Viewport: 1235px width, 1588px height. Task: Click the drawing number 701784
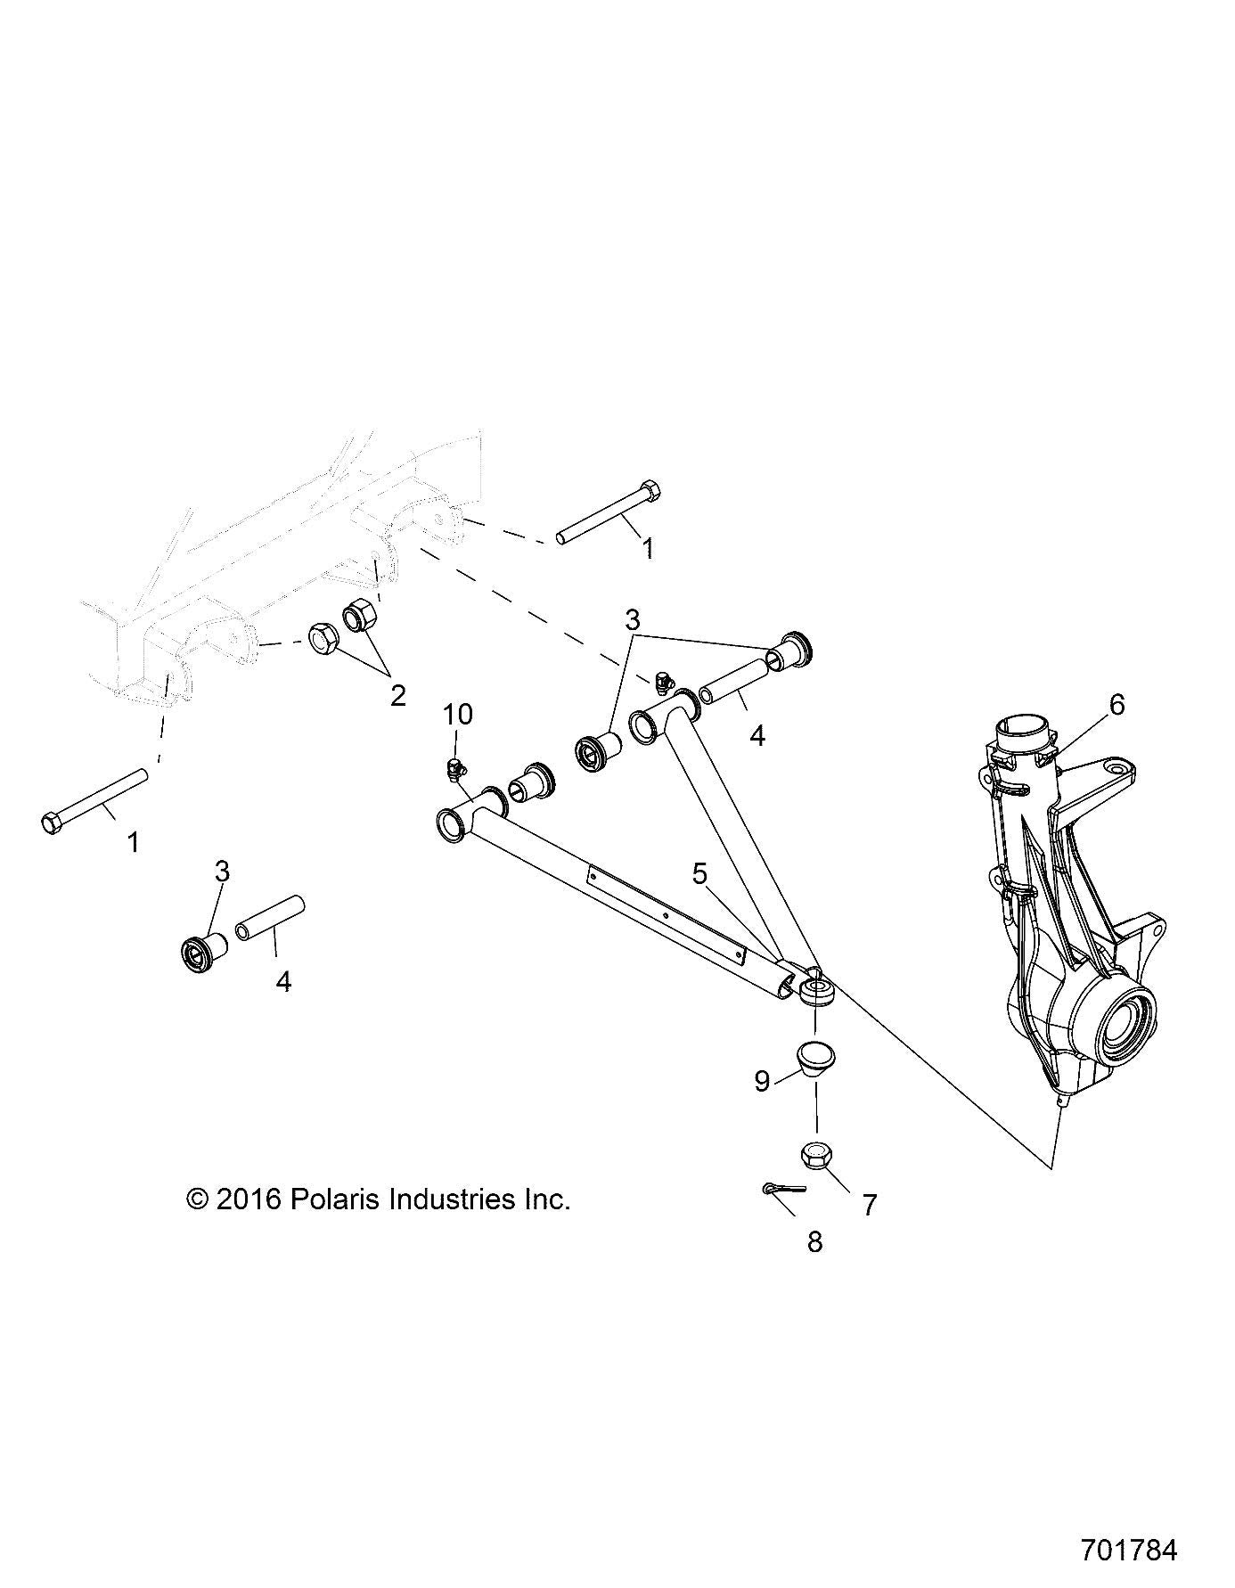click(1129, 1549)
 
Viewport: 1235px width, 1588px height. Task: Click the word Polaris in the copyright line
click(334, 1199)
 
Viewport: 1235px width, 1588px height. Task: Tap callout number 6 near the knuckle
click(1116, 705)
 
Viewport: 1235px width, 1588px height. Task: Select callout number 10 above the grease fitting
click(459, 715)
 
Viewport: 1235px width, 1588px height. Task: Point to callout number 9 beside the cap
click(762, 1081)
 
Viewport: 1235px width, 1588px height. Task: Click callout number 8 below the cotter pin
click(814, 1241)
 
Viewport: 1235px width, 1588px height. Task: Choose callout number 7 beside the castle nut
click(870, 1205)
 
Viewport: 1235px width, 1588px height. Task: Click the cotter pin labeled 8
click(782, 1188)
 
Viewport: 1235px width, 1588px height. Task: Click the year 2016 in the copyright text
click(247, 1199)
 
